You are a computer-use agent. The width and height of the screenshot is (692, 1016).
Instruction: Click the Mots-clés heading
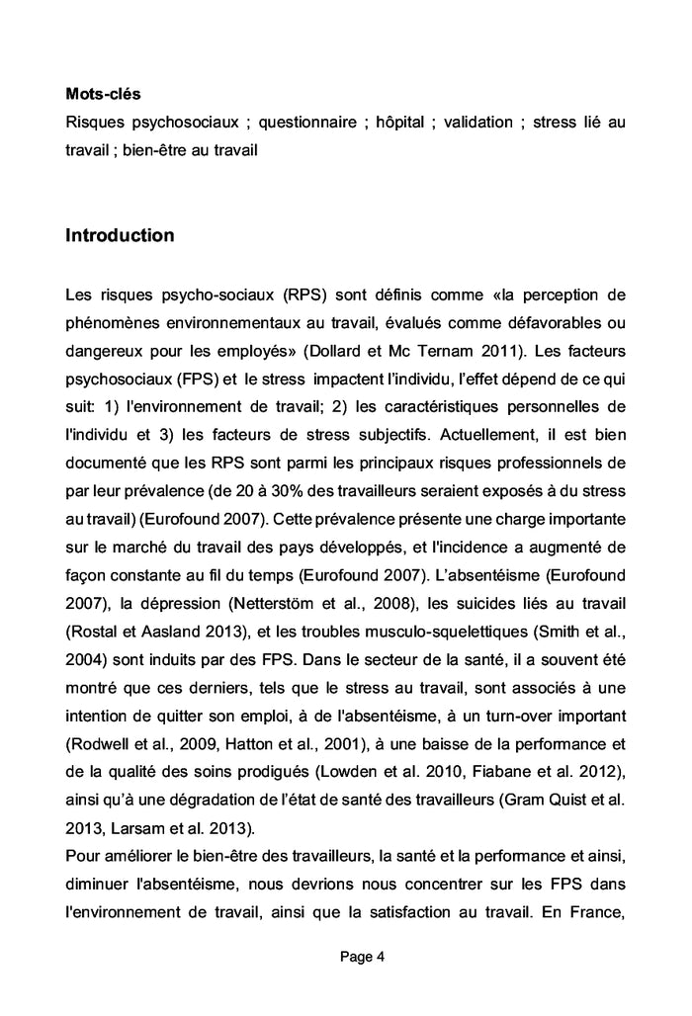[x=103, y=94]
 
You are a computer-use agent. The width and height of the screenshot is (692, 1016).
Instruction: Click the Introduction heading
[x=120, y=235]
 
